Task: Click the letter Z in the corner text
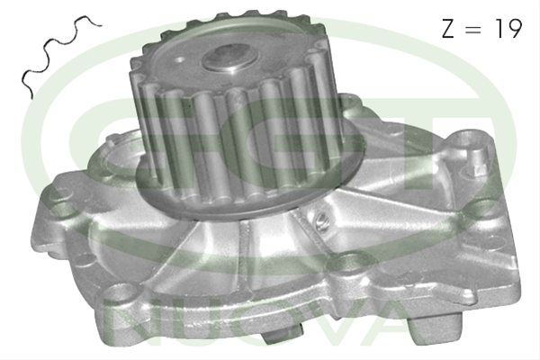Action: (x=448, y=29)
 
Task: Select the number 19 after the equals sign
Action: (x=508, y=29)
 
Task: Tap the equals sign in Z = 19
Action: (x=472, y=29)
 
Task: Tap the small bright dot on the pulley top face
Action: (x=179, y=60)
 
